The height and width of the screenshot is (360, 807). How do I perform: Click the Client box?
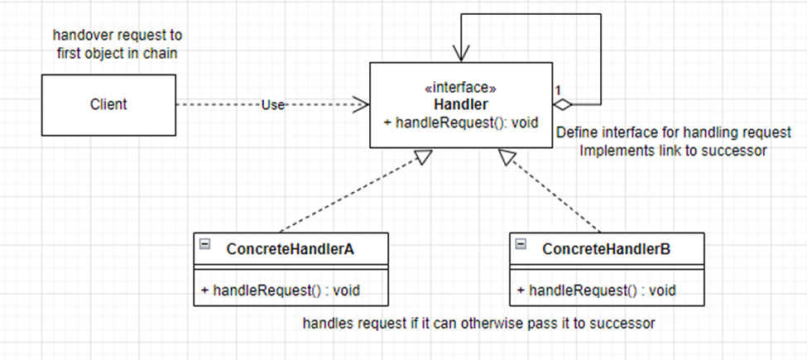tap(108, 104)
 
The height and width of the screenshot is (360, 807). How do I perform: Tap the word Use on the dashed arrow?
tap(272, 105)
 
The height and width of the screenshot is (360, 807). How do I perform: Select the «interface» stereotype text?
tap(461, 88)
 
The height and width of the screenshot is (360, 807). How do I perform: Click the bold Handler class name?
tap(461, 105)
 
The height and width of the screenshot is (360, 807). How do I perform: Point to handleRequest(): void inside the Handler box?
tap(462, 122)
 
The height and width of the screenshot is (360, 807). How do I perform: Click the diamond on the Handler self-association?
tap(564, 105)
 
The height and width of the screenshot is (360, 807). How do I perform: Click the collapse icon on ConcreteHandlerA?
tap(204, 245)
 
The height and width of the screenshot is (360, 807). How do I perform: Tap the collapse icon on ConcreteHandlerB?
tap(520, 245)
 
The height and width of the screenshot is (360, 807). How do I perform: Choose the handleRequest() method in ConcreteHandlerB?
tap(596, 290)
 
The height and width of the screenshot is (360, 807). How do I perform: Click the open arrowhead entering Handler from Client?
tap(361, 104)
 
